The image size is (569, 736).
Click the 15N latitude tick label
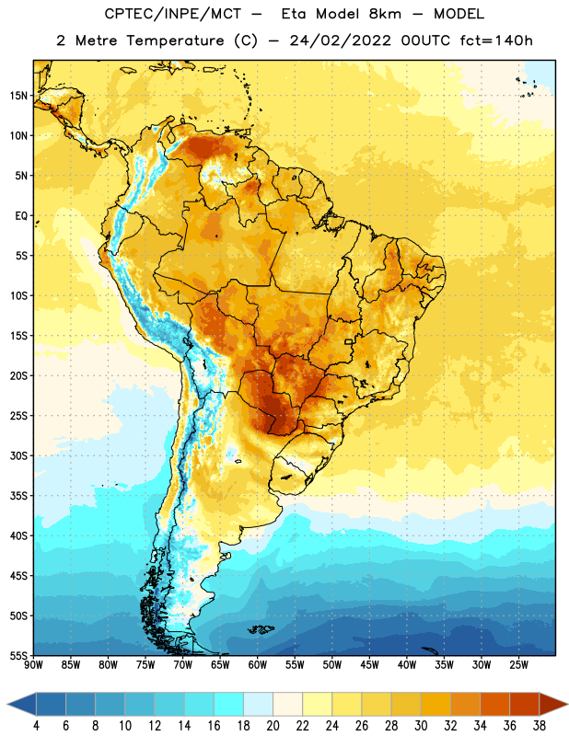point(18,96)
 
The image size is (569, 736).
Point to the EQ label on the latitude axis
point(21,216)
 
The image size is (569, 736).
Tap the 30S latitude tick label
point(18,455)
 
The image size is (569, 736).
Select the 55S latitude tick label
point(18,656)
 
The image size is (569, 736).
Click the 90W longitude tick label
point(33,665)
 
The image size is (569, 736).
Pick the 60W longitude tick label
point(258,665)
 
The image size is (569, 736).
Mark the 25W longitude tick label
point(518,665)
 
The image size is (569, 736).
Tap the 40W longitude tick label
point(407,665)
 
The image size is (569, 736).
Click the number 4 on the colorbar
point(36,726)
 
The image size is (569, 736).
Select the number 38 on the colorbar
point(539,726)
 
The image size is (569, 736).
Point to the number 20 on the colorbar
point(273,726)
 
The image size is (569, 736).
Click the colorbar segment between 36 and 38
point(525,705)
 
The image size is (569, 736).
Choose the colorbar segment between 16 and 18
point(229,705)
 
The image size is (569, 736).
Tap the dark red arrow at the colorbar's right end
point(552,705)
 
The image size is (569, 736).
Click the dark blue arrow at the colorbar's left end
point(22,705)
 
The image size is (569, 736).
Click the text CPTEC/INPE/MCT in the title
point(173,14)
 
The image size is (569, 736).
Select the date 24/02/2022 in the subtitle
point(340,40)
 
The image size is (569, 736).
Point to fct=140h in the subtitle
point(496,40)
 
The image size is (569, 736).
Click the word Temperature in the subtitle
point(175,40)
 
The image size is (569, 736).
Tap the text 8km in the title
point(385,14)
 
